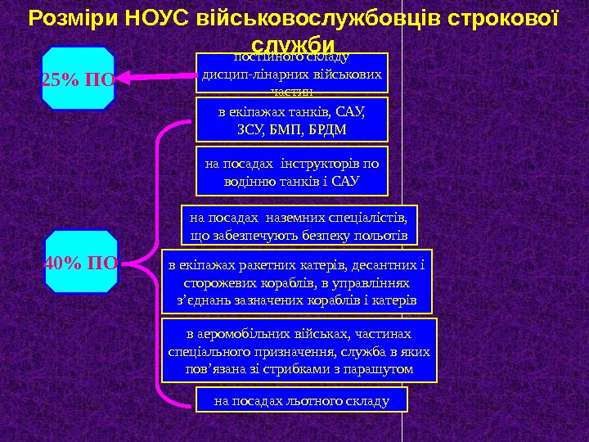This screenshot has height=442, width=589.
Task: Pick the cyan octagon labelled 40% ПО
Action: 81,262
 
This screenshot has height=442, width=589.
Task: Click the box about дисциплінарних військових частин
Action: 292,74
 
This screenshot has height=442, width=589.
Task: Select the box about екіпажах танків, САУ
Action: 292,120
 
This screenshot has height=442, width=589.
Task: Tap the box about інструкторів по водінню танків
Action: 292,172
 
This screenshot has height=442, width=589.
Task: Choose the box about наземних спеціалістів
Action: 298,226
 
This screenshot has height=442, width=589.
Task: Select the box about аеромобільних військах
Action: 299,351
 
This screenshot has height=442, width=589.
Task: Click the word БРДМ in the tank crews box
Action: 328,129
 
